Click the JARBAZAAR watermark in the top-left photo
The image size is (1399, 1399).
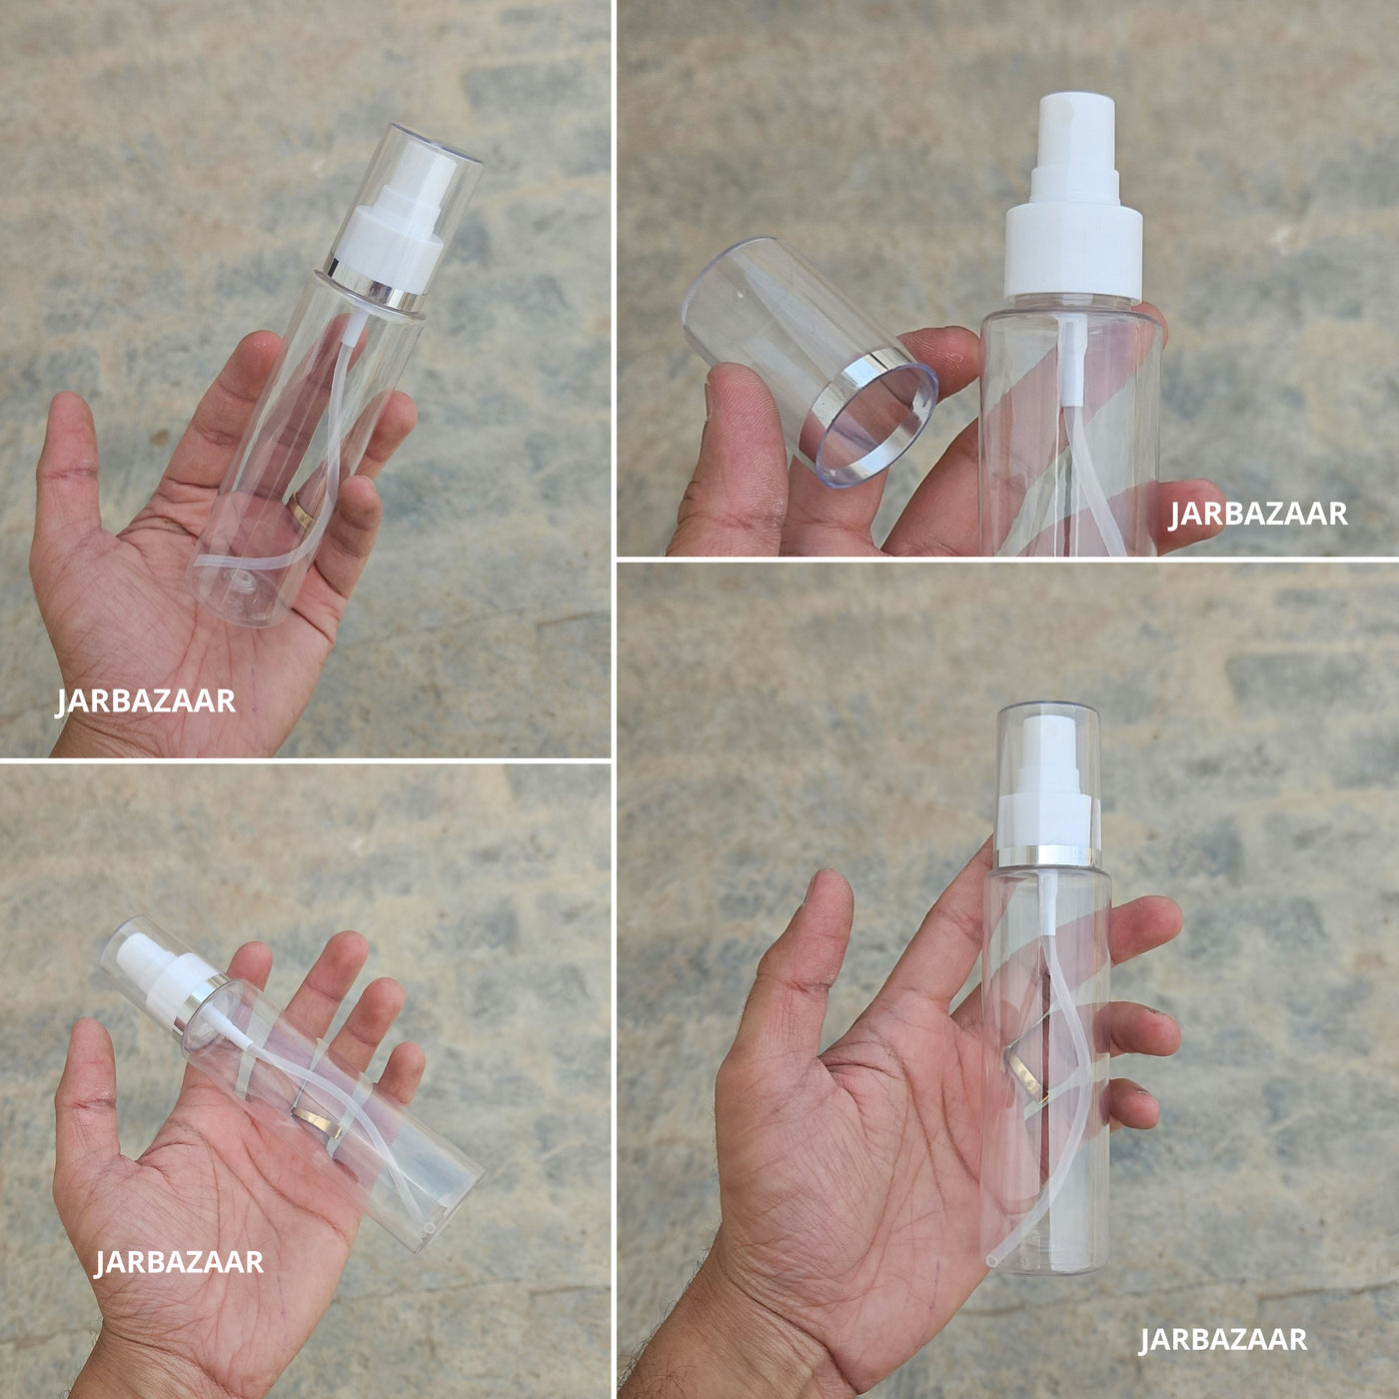[145, 702]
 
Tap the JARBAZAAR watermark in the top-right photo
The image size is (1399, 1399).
[1257, 514]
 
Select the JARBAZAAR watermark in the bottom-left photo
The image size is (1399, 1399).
[179, 1262]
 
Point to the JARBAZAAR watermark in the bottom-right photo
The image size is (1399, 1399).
[1223, 1339]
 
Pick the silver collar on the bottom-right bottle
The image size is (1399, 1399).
[1047, 856]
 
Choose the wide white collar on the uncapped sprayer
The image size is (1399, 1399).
[1074, 251]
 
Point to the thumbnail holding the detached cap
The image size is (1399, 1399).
[707, 400]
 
